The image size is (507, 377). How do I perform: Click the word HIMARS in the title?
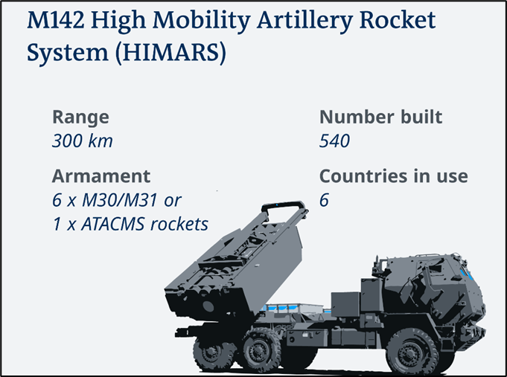tap(170, 52)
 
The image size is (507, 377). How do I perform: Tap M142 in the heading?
tap(56, 20)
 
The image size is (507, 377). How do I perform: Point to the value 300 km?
tap(83, 141)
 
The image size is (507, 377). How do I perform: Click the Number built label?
tap(380, 117)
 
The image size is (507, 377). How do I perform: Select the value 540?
tap(334, 141)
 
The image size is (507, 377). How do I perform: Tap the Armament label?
tap(101, 176)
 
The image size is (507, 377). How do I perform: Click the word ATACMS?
tap(113, 224)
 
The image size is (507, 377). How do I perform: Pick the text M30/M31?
tap(120, 200)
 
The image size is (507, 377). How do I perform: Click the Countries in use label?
tap(394, 176)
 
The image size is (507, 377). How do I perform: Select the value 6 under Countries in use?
tap(324, 200)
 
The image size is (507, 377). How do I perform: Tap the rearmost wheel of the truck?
tap(212, 352)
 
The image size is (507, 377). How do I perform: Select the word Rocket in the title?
tap(398, 20)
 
